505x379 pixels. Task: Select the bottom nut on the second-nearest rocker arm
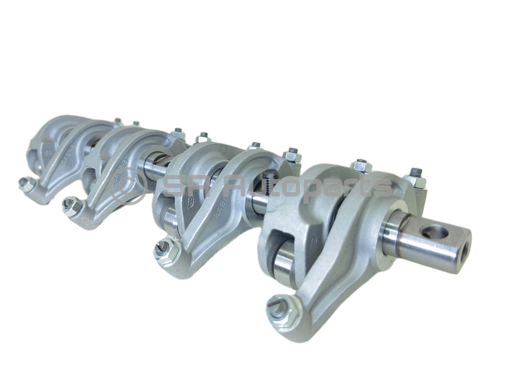click(165, 248)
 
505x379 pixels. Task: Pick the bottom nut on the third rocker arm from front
click(71, 205)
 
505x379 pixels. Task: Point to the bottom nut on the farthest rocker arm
click(26, 184)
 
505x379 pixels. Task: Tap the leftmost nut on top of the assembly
click(117, 121)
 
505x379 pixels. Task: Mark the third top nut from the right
click(291, 153)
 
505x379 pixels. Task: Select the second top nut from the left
click(135, 124)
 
